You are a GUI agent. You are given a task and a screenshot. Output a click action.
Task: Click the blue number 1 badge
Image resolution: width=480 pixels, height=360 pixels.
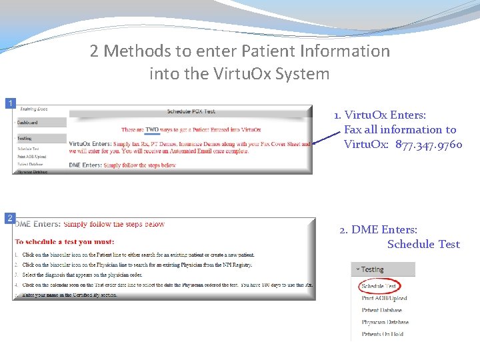pos(10,103)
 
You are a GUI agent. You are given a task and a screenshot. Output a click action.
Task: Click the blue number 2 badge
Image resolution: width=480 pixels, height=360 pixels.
pos(10,218)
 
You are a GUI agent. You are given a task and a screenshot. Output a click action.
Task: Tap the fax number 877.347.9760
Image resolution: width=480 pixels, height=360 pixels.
pos(429,145)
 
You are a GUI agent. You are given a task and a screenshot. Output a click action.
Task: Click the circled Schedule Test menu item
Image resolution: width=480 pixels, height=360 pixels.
pos(379,286)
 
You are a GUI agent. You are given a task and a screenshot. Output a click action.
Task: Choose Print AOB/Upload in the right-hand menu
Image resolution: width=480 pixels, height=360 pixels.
pos(384,298)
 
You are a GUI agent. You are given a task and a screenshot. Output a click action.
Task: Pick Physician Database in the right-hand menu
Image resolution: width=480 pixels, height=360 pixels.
pos(385,322)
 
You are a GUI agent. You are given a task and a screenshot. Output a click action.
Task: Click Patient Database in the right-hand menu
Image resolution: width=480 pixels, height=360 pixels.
pos(382,310)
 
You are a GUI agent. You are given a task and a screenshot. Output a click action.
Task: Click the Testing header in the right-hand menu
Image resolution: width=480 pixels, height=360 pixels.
pos(372,269)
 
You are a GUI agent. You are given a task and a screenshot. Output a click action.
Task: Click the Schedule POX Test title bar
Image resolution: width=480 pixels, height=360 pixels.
pos(191,111)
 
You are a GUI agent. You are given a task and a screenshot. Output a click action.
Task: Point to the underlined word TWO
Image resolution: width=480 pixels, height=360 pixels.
pos(153,129)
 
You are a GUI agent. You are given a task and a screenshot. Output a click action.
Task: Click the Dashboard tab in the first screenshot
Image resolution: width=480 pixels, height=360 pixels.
pos(28,123)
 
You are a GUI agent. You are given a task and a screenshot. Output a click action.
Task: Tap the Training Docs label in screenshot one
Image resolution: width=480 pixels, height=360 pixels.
pos(33,109)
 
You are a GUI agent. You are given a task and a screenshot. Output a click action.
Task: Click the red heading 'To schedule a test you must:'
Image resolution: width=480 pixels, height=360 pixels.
pos(64,241)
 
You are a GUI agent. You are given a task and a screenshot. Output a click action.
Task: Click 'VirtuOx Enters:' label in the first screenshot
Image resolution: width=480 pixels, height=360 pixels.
pos(90,143)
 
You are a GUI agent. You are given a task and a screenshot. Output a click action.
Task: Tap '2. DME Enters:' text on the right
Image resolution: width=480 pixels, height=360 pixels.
pos(378,229)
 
